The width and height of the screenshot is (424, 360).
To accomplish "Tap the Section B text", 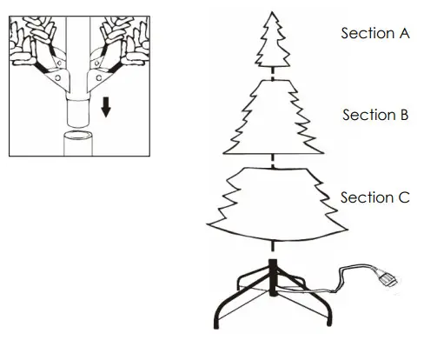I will tap(374, 115).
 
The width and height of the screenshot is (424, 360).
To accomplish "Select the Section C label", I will tap(374, 197).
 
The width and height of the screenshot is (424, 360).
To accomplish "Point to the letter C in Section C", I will tap(403, 197).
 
